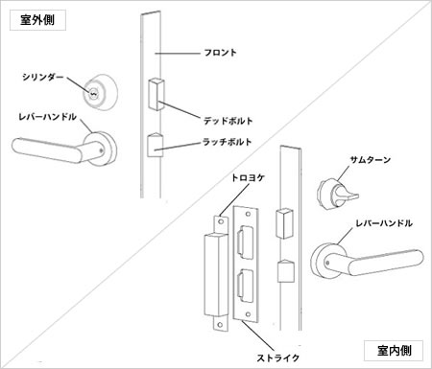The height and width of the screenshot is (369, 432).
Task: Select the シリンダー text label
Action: pyautogui.click(x=41, y=76)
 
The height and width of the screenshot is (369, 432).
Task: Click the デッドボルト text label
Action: pyautogui.click(x=228, y=121)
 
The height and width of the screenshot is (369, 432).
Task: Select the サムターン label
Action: pyautogui.click(x=372, y=161)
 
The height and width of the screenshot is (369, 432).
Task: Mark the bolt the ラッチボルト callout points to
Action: pyautogui.click(x=155, y=146)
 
